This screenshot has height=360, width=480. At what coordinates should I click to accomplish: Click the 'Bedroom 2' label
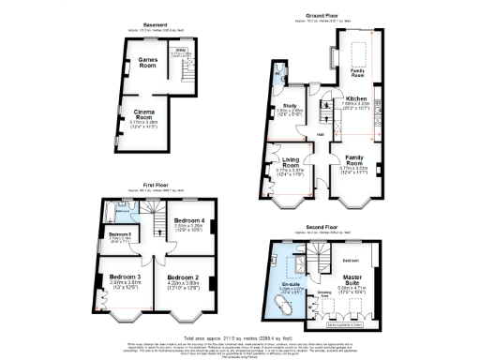pos(185,278)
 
